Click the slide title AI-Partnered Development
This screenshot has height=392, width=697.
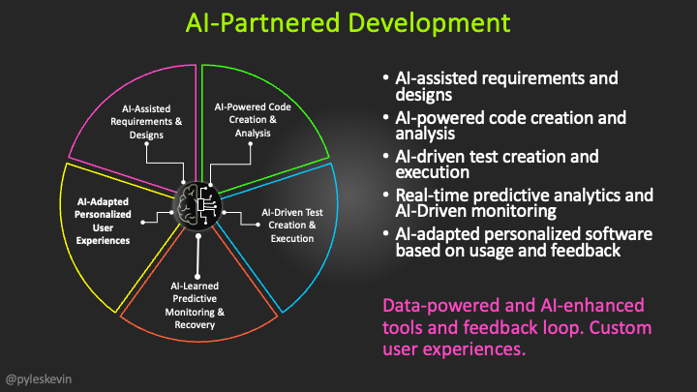[348, 22]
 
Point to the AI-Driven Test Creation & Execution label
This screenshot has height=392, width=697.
[288, 225]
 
